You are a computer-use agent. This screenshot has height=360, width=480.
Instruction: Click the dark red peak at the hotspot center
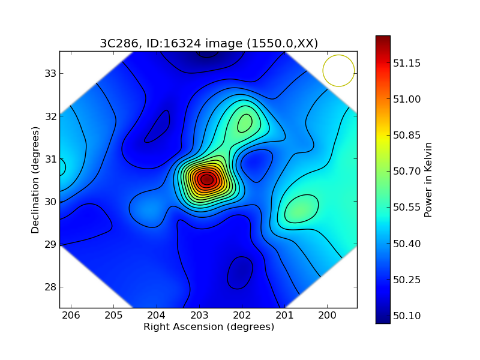[x=206, y=179]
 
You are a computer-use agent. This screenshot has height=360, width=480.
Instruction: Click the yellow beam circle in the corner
[x=339, y=71]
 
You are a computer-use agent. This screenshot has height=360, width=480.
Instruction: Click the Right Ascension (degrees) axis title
[x=208, y=327]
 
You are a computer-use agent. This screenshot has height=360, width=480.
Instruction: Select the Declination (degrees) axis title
[x=35, y=180]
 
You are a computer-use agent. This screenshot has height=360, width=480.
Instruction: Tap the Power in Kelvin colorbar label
[x=428, y=179]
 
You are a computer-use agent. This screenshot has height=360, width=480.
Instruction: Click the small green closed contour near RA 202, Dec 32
[x=245, y=123]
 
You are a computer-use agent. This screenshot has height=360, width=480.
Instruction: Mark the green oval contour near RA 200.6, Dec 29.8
[x=301, y=209]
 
